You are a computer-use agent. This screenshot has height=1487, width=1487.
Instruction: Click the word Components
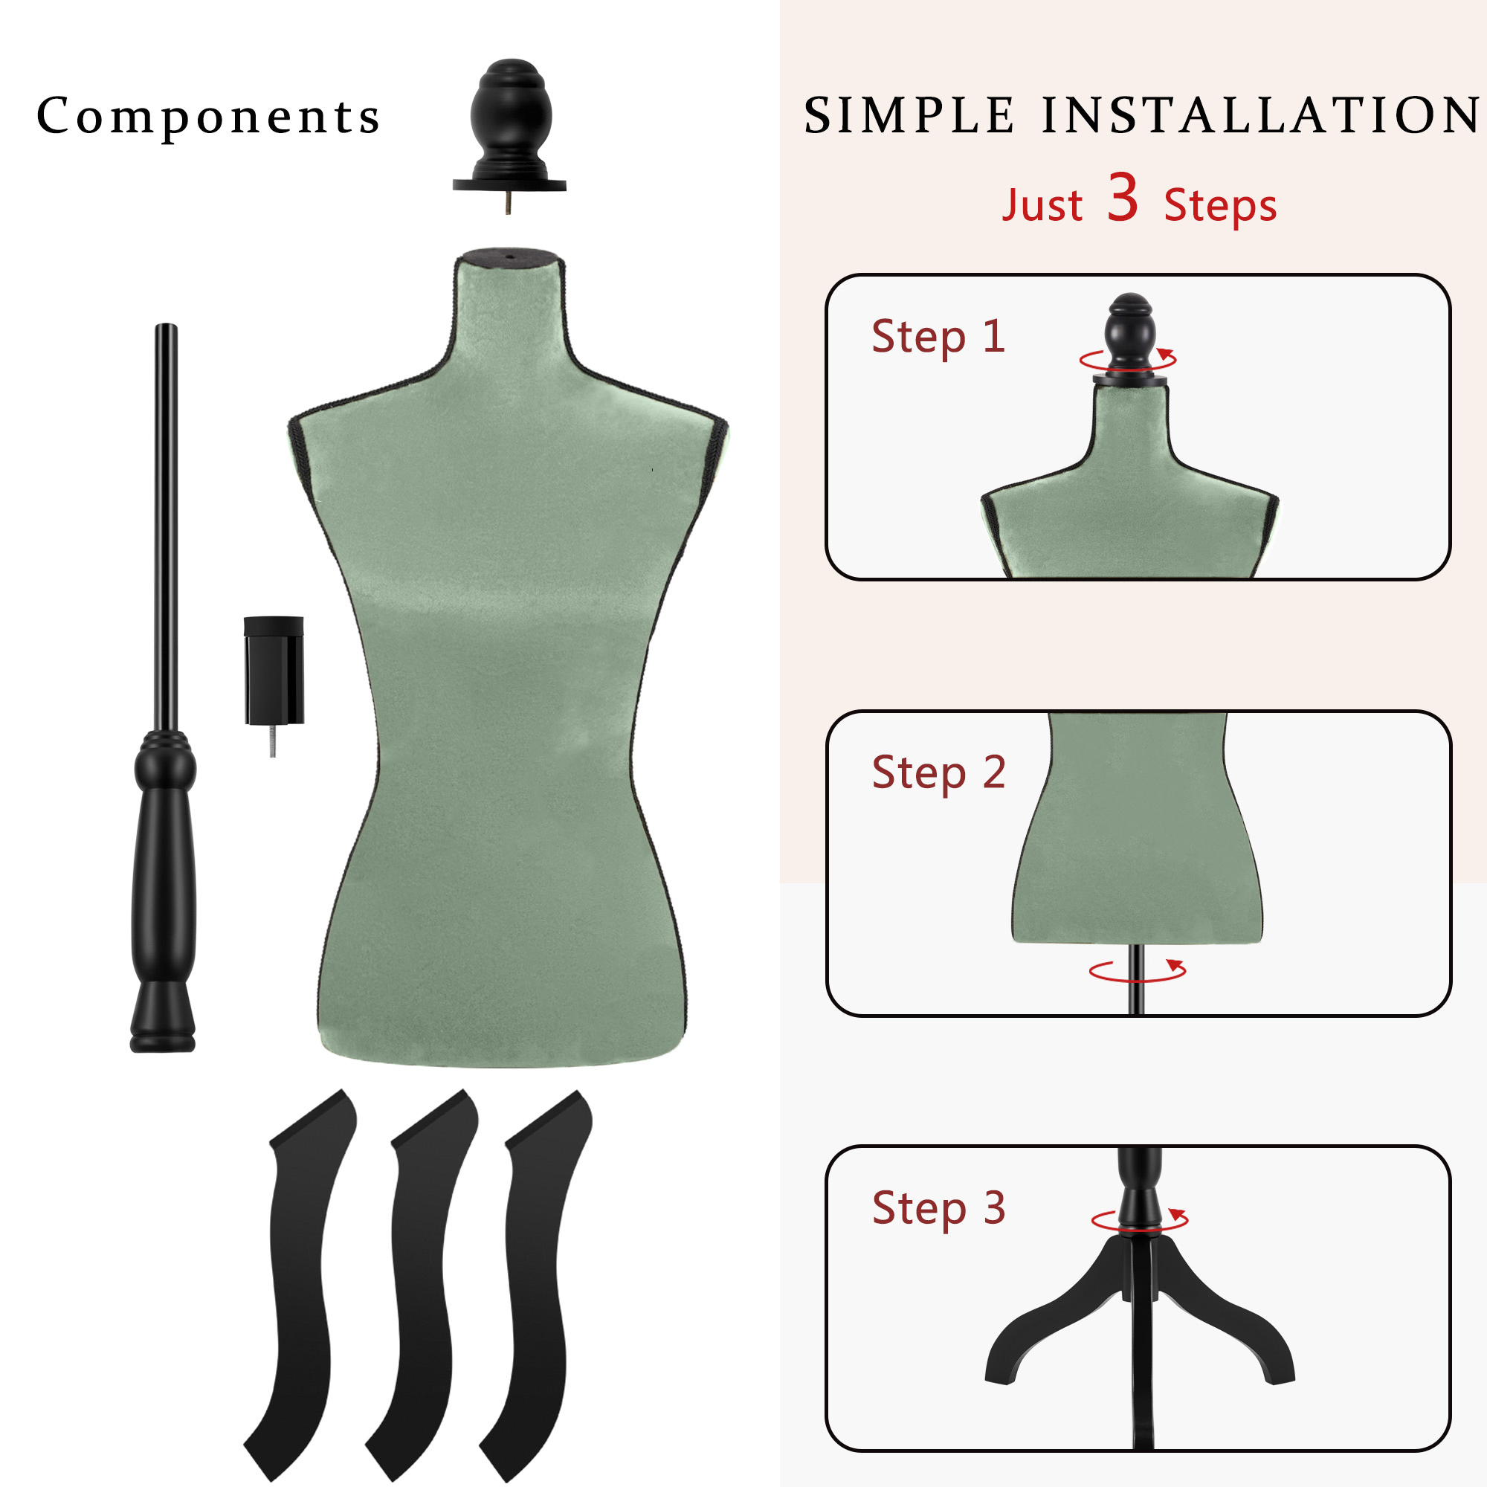click(209, 117)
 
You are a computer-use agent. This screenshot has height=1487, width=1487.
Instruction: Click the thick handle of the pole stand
click(164, 885)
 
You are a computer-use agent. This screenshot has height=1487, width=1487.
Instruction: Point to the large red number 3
click(1123, 198)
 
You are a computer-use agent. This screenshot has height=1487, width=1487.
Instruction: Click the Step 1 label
click(938, 336)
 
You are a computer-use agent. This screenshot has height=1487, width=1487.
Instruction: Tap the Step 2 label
click(938, 772)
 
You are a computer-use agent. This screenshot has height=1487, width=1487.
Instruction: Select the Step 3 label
click(938, 1208)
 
